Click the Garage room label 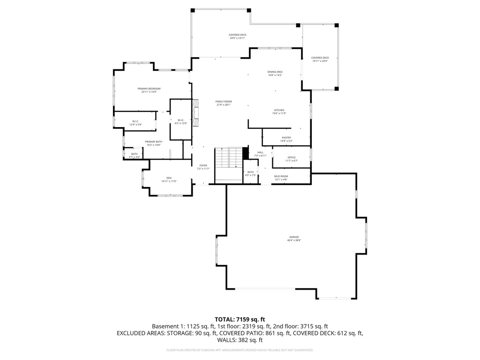294,239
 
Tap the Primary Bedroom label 149,90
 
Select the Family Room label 224,103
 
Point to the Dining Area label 275,73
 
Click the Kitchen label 279,112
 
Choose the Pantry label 286,139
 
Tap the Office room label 292,159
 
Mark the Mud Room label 281,178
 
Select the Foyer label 203,167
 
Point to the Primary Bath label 153,143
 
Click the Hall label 260,154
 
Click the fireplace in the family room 197,112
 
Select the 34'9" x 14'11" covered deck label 238,36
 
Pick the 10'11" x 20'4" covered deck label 320,59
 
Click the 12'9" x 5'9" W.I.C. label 135,122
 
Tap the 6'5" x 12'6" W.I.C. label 181,122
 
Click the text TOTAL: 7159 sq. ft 240,318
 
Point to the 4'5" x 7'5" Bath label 250,173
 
